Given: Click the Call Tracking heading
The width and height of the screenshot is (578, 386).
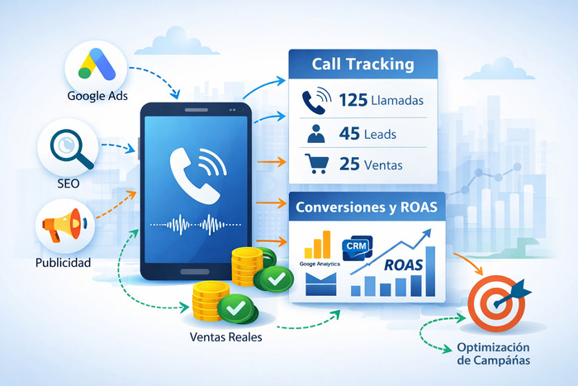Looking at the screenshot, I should click(x=363, y=64).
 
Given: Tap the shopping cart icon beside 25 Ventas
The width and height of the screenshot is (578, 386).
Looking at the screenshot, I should click(x=314, y=164).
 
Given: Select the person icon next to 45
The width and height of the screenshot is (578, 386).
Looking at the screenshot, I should click(x=314, y=133).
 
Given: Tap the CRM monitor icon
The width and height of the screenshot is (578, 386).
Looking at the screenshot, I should click(x=357, y=248).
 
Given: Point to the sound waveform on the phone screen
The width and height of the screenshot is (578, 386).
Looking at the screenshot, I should click(x=197, y=223).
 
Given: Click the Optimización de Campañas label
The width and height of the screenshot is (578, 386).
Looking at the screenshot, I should click(x=494, y=354).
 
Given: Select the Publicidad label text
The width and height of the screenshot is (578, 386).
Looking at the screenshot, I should click(x=63, y=264).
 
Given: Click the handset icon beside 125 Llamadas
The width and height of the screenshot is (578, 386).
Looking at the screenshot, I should click(x=314, y=101).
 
